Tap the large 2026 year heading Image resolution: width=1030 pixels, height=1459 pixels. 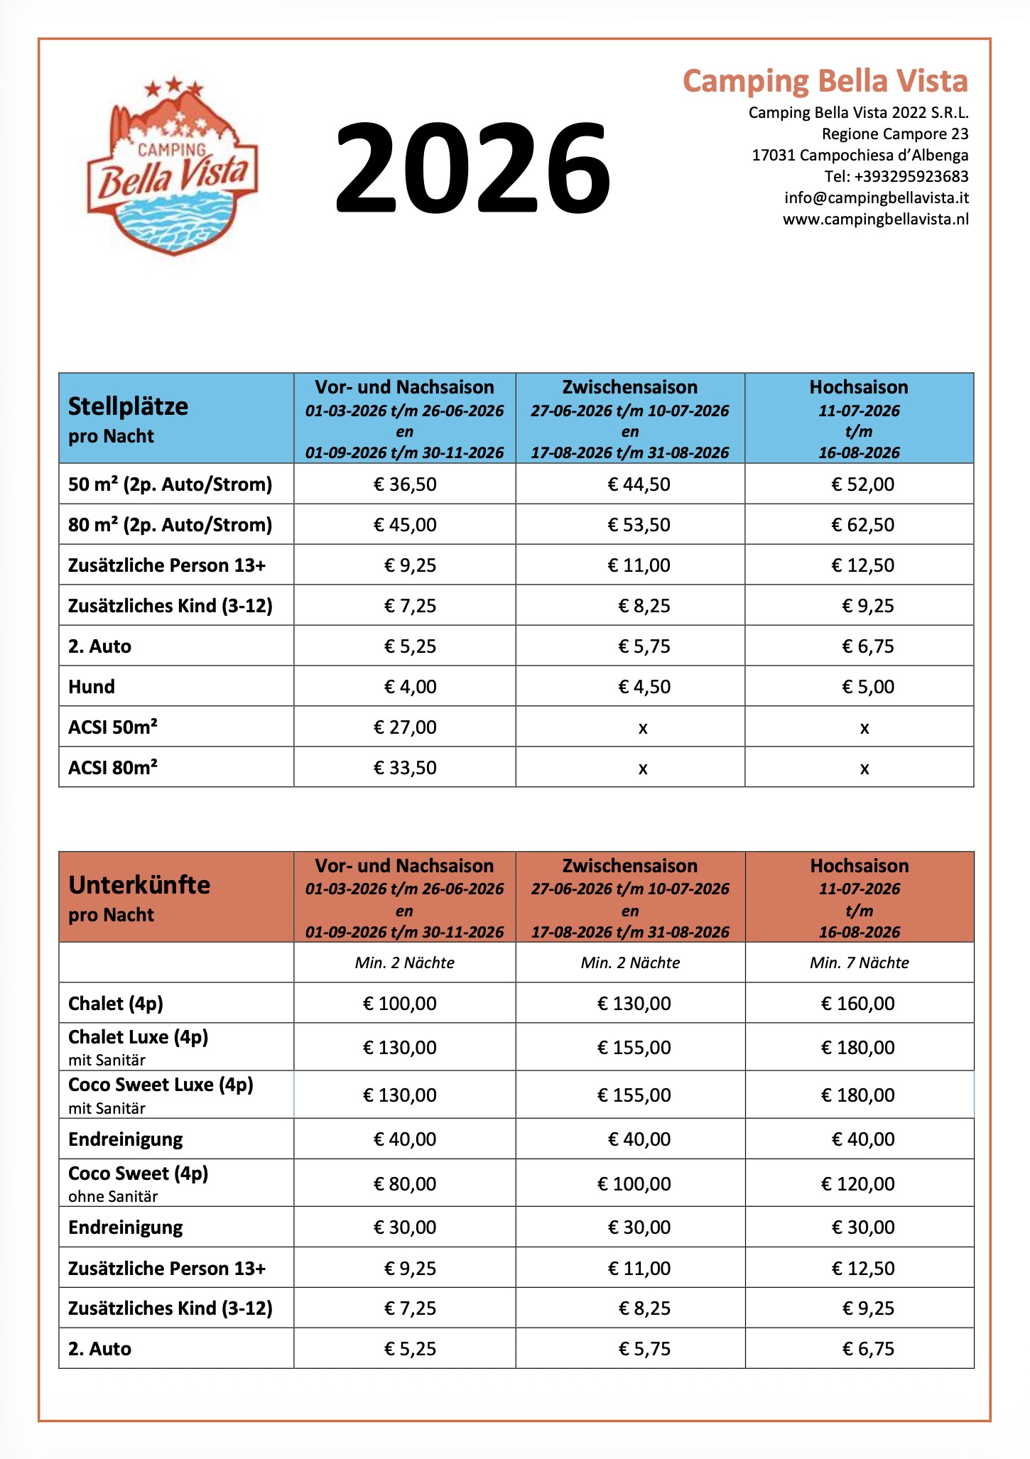click(472, 168)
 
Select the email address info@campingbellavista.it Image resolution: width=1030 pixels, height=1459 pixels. click(876, 197)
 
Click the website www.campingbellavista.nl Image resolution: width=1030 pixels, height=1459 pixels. click(875, 219)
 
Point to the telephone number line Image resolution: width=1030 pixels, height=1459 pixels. click(896, 176)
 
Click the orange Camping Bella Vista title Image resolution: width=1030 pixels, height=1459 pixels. click(825, 81)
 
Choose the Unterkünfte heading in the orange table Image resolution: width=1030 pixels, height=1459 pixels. click(139, 885)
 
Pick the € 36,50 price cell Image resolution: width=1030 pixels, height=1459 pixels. click(405, 484)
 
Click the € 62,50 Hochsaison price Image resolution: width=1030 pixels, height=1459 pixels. click(862, 525)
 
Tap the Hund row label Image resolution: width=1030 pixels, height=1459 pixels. click(92, 687)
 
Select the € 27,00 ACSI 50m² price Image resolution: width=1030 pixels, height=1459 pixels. click(405, 727)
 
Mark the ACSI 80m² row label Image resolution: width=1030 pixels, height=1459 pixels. click(113, 768)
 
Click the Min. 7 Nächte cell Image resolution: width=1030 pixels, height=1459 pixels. click(859, 962)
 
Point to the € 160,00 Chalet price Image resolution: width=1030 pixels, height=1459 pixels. click(857, 1004)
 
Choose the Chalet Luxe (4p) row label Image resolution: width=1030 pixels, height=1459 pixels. click(139, 1038)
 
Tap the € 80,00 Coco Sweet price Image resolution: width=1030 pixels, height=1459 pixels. click(405, 1184)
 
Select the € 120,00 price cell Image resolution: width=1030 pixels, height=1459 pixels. click(857, 1184)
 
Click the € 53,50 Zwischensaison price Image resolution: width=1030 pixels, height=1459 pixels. click(639, 525)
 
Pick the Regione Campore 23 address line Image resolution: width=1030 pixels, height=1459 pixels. click(894, 134)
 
